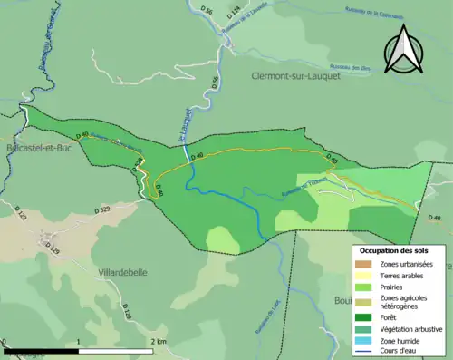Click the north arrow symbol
pos(401,50)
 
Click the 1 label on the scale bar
pos(79,341)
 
